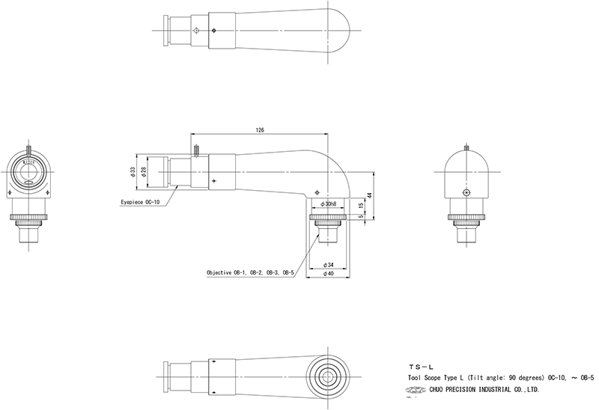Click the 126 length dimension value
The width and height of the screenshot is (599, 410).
coord(260,130)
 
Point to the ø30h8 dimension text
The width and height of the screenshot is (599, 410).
coord(329,204)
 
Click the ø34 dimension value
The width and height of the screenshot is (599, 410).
coord(328,265)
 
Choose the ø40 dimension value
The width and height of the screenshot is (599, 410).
coord(328,274)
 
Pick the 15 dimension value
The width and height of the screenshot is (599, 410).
coord(360,205)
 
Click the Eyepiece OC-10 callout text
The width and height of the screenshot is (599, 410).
coord(142,202)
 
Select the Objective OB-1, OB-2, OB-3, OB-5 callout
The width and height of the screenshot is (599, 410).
coord(249,274)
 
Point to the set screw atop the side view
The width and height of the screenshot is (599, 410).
coord(195,150)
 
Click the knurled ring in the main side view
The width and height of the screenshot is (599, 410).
coord(329,221)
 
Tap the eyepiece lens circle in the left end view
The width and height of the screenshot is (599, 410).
coord(30,171)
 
